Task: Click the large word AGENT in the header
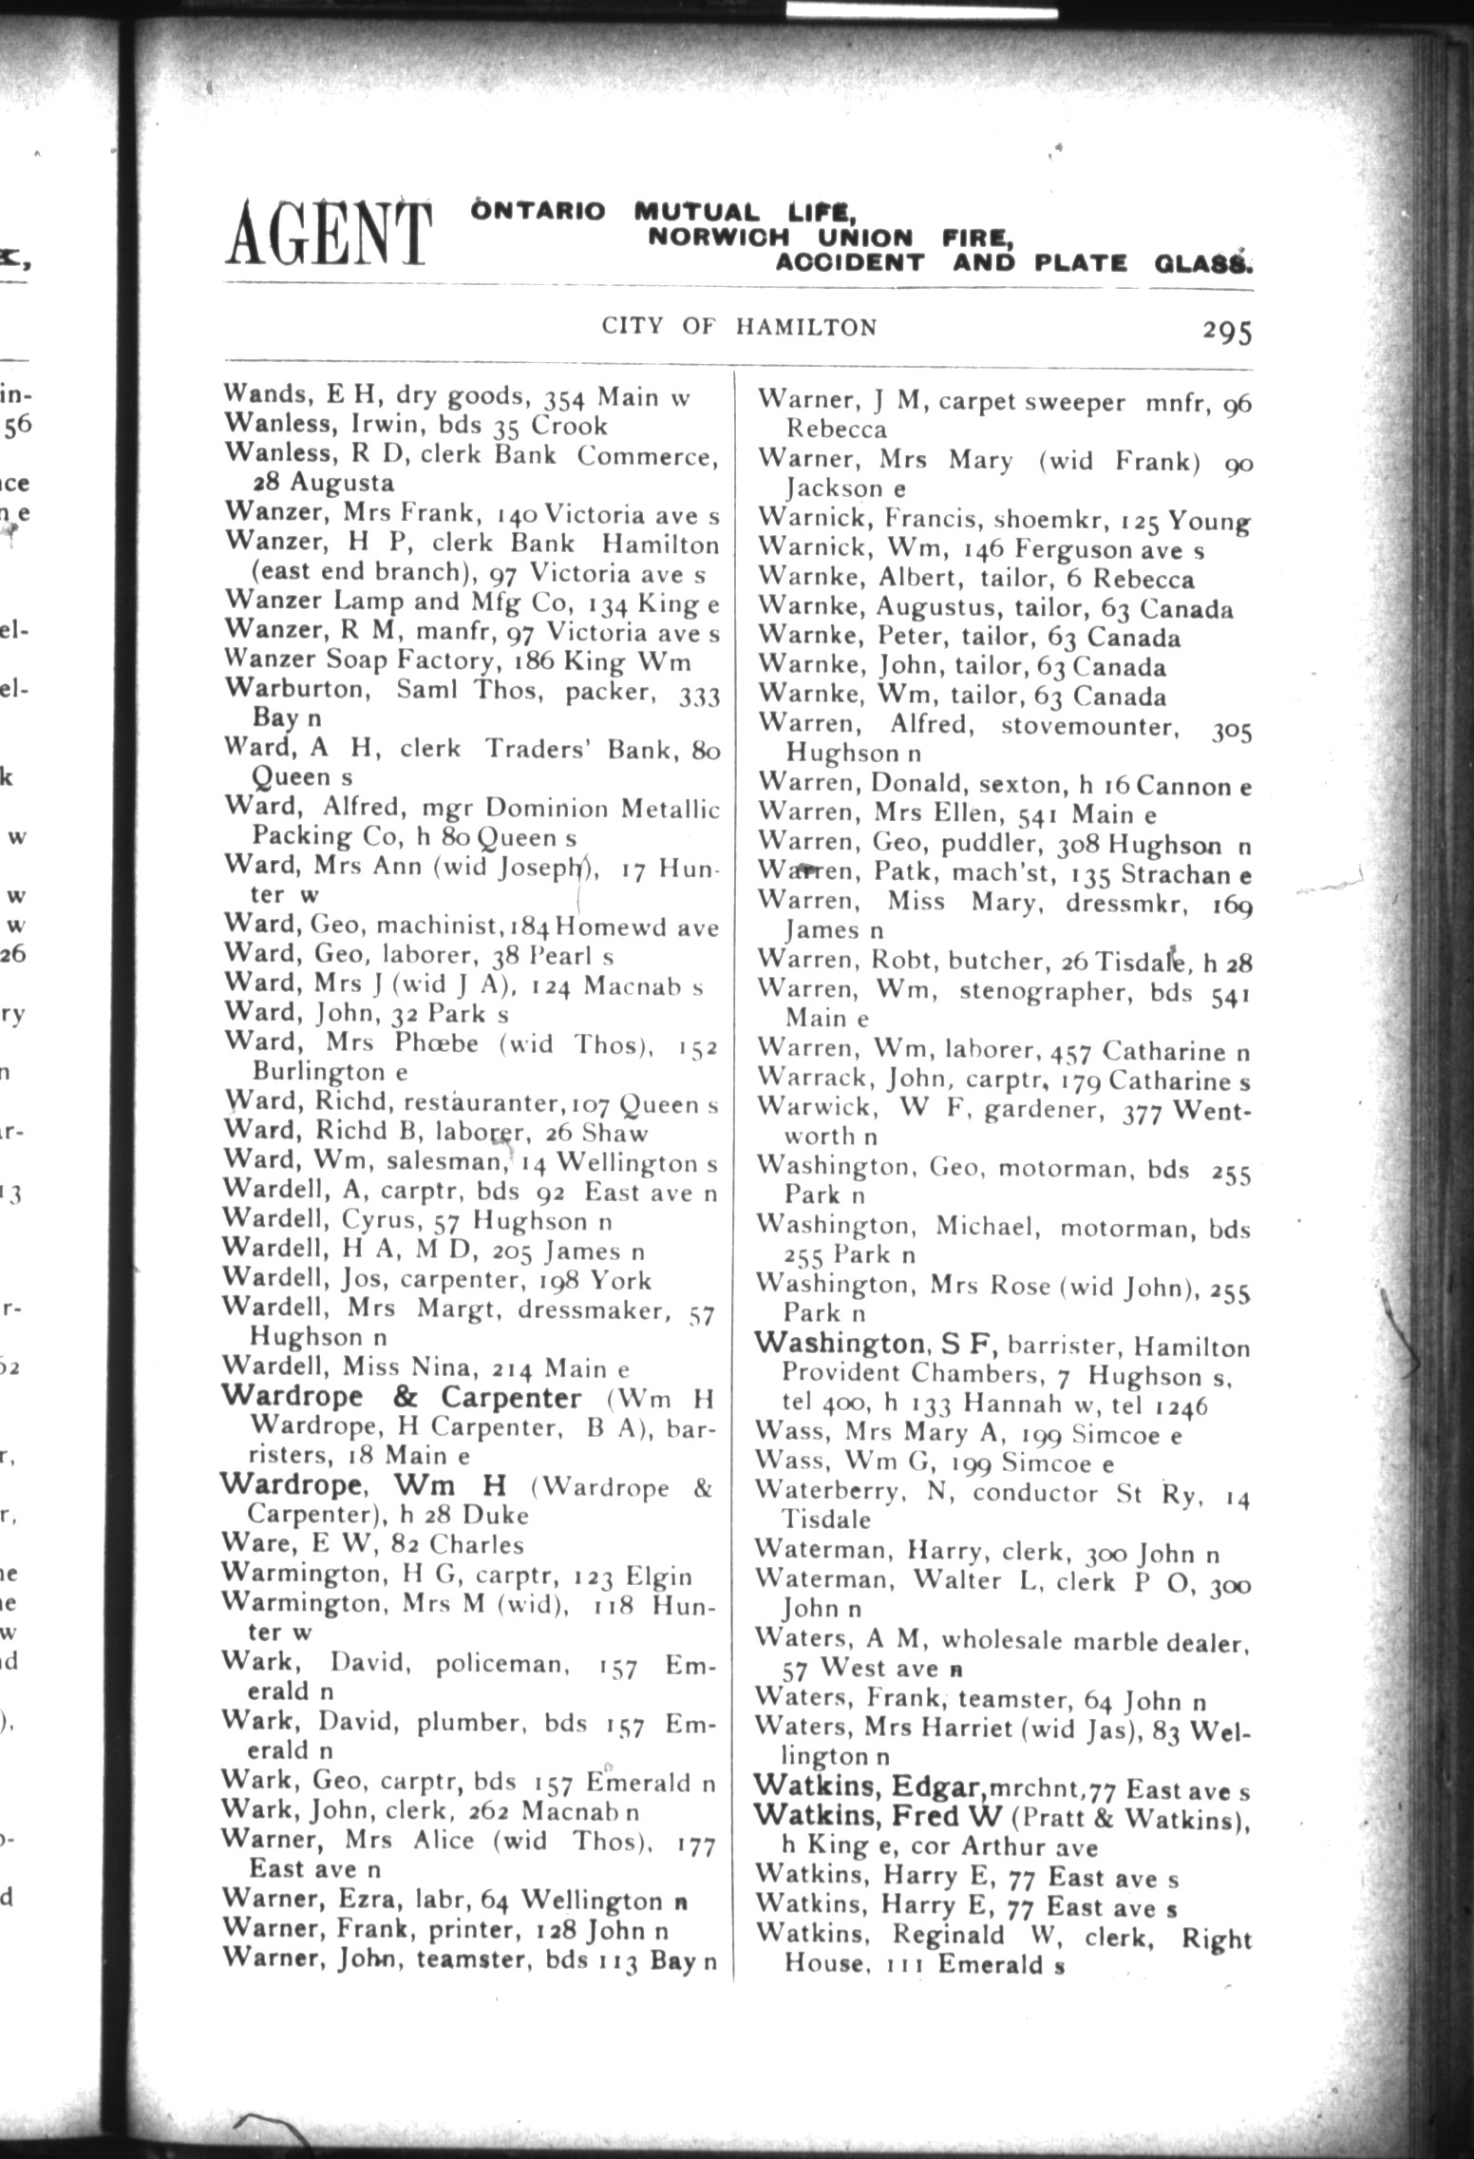click(x=327, y=233)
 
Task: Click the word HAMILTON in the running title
click(x=805, y=328)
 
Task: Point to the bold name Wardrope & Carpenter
click(x=401, y=1398)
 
